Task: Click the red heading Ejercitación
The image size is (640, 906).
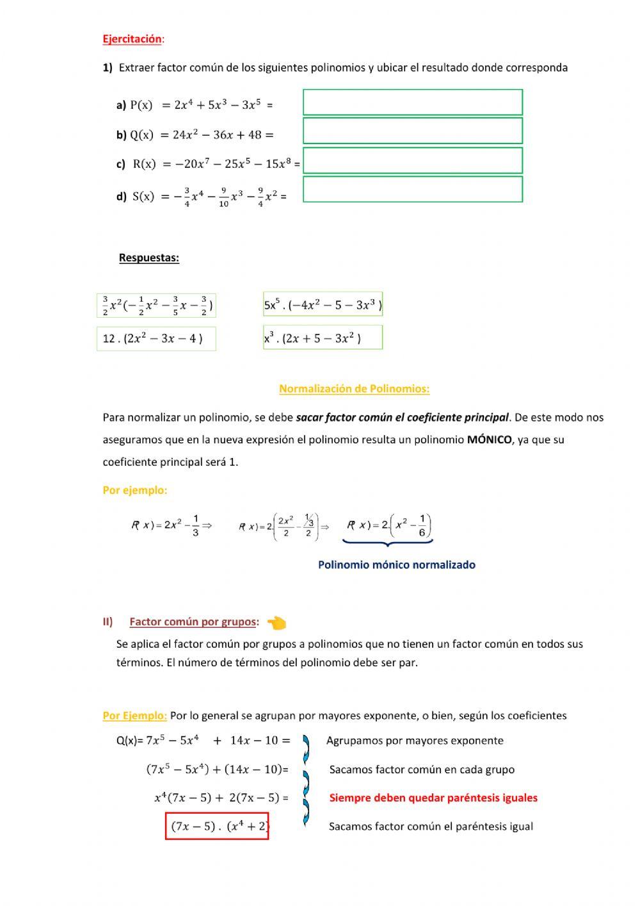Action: pos(132,39)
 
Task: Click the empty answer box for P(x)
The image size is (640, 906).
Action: pos(412,103)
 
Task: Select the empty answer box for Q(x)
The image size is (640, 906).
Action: pos(412,131)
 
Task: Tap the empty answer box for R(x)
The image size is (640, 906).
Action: pos(412,160)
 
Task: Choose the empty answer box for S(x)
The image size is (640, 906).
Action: pos(412,190)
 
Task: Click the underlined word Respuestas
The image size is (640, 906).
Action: pos(148,258)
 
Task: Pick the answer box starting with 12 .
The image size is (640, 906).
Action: pos(156,338)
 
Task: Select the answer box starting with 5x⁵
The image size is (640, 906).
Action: pos(323,305)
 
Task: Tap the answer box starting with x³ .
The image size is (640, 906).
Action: pos(323,338)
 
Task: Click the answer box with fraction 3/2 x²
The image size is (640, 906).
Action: pos(156,306)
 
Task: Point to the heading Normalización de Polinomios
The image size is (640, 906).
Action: pos(354,389)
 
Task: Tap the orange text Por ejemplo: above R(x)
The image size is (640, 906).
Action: pos(134,490)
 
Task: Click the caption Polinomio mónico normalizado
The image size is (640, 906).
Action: pos(396,565)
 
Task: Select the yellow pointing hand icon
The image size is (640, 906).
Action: pos(276,622)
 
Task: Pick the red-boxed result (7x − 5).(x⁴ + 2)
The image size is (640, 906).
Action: pos(217,826)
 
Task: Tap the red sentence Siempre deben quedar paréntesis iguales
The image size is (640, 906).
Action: pos(433,798)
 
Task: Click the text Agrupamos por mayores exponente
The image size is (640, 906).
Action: pos(415,741)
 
